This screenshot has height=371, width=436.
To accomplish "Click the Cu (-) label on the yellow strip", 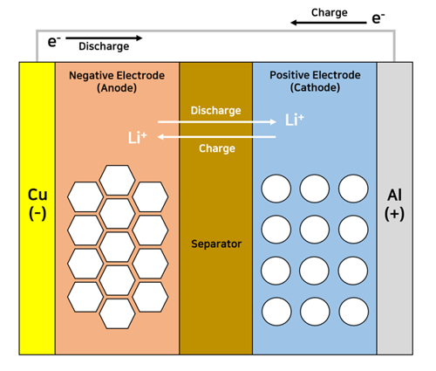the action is click(x=37, y=204).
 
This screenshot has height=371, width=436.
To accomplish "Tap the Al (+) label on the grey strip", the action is click(x=394, y=204).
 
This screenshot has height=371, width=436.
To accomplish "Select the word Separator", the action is click(x=216, y=244).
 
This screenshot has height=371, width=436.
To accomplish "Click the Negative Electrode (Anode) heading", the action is click(x=117, y=81).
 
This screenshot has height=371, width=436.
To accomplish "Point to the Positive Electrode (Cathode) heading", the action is click(x=315, y=81).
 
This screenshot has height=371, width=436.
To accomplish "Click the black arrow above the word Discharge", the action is click(x=104, y=38).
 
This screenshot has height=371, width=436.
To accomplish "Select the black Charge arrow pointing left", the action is click(x=329, y=23).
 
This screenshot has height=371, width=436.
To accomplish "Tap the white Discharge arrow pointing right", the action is click(x=217, y=121).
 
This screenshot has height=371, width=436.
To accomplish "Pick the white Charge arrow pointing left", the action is click(x=217, y=136).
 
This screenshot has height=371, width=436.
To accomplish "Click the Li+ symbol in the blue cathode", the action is click(x=295, y=120).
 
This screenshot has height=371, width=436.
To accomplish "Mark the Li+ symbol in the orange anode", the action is click(x=138, y=138).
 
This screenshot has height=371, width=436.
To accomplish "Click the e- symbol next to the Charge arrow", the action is click(x=378, y=17).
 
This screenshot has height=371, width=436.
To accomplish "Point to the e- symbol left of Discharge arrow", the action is click(x=54, y=41).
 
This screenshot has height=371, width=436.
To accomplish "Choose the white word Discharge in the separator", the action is click(x=216, y=111).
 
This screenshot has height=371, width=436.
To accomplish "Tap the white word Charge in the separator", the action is click(x=217, y=148).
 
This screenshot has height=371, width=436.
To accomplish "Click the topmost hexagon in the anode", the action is click(x=117, y=180).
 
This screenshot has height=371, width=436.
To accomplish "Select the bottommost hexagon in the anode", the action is click(x=117, y=314).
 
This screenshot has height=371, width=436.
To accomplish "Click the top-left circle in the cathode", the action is click(x=276, y=189).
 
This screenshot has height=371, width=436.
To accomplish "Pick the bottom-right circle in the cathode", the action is click(x=353, y=312).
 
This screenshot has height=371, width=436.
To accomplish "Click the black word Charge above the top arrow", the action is click(x=330, y=13).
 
